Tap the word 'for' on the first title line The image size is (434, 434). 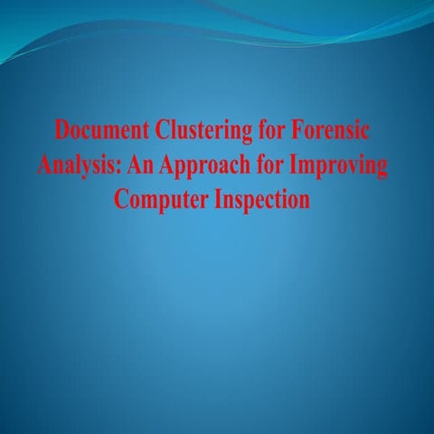tap(268, 131)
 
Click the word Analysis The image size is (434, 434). tap(75, 166)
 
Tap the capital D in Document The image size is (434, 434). tap(62, 131)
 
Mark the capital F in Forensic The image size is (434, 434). tap(297, 131)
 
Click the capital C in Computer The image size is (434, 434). tap(121, 200)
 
